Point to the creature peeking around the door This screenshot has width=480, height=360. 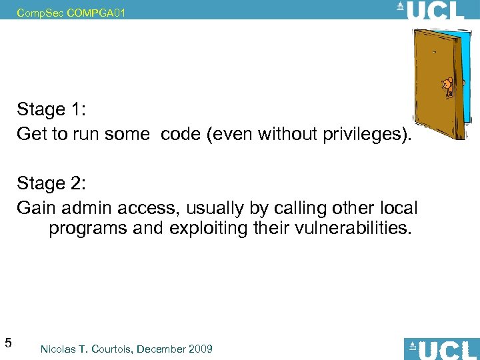(447, 85)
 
